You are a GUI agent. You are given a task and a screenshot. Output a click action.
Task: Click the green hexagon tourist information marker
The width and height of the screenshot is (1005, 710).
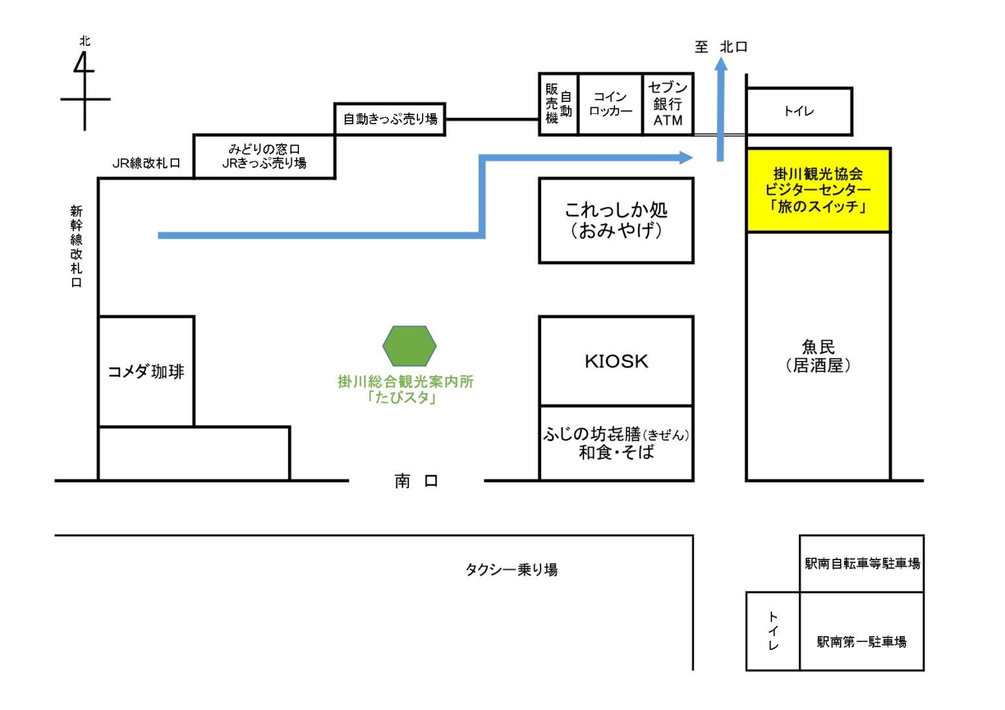click(x=409, y=346)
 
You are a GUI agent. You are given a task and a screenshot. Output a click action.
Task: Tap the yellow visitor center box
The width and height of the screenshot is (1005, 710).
click(x=818, y=190)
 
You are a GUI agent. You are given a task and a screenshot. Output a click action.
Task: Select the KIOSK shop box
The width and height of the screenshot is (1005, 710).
click(x=616, y=361)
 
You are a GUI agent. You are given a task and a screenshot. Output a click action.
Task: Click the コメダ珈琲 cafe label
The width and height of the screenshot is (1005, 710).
click(x=146, y=372)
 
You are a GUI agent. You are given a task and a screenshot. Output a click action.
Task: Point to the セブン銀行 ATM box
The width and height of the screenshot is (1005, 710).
click(x=667, y=104)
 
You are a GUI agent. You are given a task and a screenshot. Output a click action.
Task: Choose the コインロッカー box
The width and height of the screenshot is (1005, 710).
click(x=610, y=104)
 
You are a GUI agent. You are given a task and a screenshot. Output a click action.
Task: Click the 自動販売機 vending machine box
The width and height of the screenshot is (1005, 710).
click(x=558, y=104)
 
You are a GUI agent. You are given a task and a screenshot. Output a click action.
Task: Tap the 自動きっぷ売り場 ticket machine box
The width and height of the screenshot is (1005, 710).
click(x=390, y=119)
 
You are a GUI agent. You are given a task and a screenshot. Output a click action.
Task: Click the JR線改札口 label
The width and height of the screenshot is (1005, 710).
click(x=146, y=163)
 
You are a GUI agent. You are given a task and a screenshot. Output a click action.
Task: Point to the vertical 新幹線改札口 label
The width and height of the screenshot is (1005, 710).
click(x=77, y=246)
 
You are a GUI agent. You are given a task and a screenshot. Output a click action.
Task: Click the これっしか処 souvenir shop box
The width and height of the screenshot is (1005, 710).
click(x=616, y=220)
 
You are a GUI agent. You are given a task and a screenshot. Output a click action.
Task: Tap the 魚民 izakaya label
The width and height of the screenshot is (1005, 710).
click(x=818, y=356)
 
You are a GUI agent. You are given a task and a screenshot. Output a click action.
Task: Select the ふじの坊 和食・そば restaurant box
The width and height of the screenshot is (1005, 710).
click(x=616, y=443)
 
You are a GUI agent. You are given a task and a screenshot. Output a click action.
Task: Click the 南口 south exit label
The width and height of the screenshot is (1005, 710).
click(x=416, y=481)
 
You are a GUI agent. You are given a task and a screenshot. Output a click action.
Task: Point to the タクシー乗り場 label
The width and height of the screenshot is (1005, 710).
click(x=511, y=569)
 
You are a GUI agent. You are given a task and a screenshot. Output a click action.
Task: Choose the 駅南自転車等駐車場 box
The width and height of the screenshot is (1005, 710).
click(x=862, y=564)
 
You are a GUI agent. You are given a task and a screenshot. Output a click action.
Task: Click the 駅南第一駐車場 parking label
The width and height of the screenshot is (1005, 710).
click(x=862, y=641)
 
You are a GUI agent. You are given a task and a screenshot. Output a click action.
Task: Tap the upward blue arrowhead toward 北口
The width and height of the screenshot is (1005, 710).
click(x=720, y=64)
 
